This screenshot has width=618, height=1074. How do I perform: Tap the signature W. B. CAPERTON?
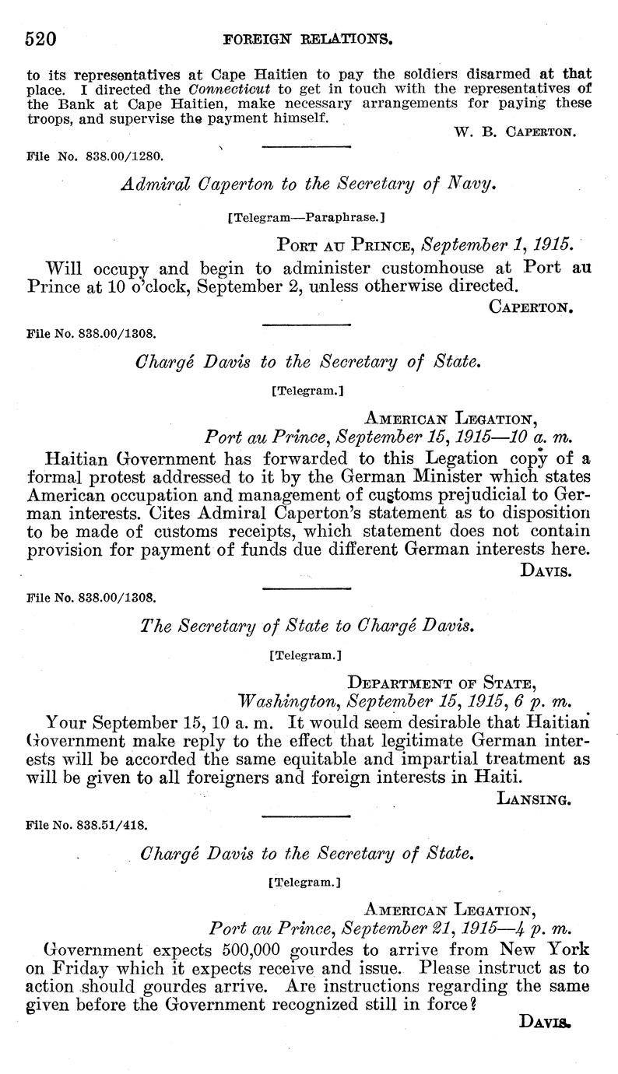(514, 132)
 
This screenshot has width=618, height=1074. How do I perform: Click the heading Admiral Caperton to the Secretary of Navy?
(308, 184)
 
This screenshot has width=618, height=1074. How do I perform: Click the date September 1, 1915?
(497, 245)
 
